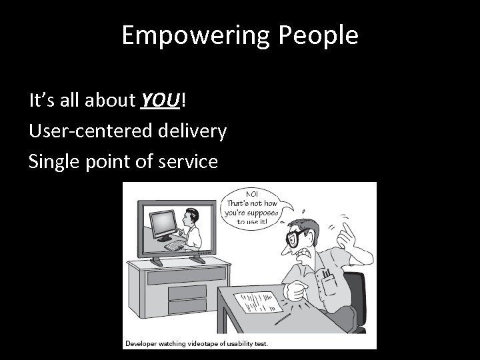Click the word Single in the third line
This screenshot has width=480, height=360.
click(x=55, y=161)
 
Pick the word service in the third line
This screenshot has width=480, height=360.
click(x=189, y=161)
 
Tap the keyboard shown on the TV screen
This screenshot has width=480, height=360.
click(x=175, y=246)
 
